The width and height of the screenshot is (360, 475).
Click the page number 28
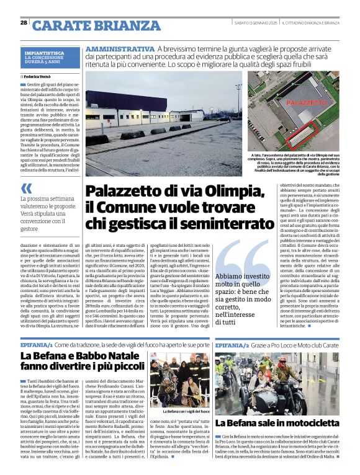point(24,23)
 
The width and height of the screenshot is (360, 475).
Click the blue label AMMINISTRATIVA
point(120,49)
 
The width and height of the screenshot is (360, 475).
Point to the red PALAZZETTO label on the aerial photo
point(307,102)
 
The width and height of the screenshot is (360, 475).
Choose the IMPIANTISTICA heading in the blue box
point(44,53)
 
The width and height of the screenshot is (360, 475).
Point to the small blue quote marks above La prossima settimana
point(25,188)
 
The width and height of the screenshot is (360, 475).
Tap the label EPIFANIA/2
point(232,344)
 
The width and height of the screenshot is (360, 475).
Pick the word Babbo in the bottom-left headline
point(92,356)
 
